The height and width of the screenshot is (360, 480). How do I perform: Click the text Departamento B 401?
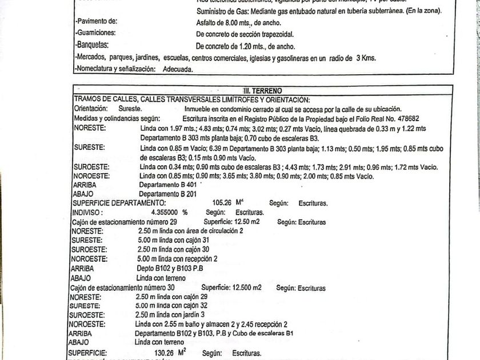click(168, 185)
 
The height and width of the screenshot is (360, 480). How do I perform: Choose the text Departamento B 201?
click(168, 194)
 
